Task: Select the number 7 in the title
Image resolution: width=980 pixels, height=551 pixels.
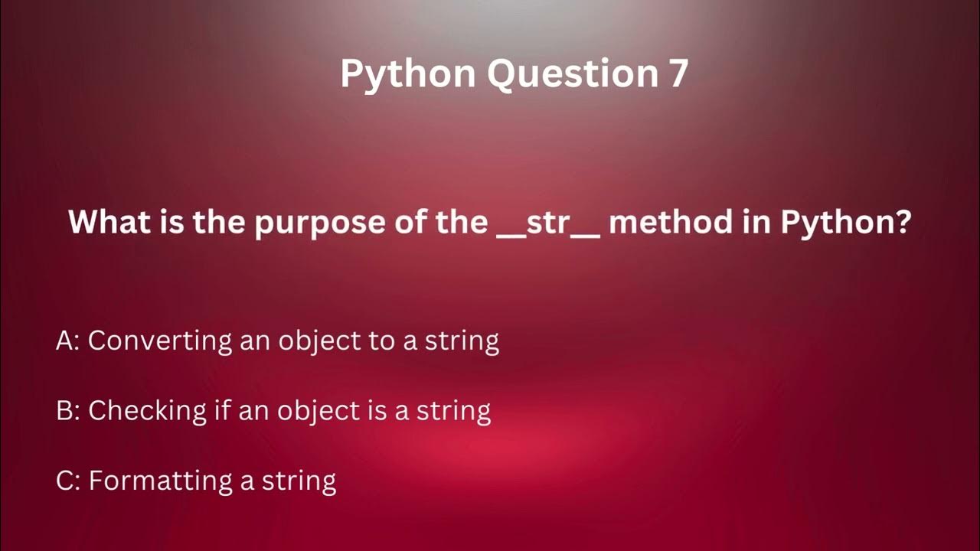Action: point(677,74)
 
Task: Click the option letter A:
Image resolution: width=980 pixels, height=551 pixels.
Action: point(67,341)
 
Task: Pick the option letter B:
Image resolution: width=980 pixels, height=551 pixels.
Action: point(67,411)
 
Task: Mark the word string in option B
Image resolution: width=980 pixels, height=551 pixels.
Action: point(453,412)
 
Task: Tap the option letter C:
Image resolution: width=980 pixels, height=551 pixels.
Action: point(67,481)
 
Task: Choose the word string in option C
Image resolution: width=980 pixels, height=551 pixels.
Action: point(299,481)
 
